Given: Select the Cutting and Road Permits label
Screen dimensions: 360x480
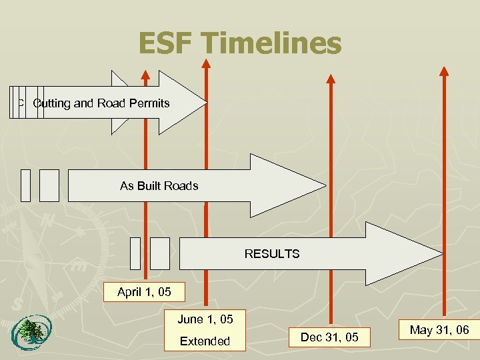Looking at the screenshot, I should point(101,103).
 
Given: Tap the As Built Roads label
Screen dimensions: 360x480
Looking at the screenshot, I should point(159,186).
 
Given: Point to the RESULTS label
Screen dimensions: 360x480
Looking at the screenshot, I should point(272,253).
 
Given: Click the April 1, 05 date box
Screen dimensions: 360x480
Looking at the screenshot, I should point(143,292).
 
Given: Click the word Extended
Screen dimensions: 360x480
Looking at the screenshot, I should point(205,341).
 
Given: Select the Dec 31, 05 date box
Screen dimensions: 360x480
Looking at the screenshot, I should point(329,337).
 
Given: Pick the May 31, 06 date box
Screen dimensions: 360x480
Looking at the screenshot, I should point(439,329).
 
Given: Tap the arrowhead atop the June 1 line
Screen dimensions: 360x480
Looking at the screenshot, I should point(206,63).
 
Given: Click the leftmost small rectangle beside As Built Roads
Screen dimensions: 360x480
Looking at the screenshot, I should point(25,185).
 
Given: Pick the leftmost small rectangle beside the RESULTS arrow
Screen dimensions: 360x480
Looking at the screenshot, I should point(135,253).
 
